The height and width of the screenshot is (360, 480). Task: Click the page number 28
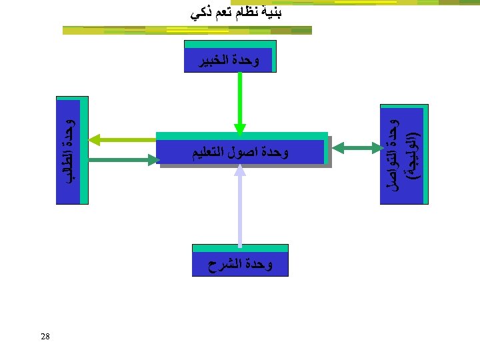click(45, 336)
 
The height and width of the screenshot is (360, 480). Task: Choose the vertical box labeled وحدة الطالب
click(71, 152)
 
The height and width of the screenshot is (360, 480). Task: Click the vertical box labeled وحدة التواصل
click(403, 155)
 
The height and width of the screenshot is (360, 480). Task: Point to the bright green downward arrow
click(240, 100)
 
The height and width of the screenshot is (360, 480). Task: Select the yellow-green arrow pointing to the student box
click(123, 139)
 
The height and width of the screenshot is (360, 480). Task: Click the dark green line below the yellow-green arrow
click(123, 159)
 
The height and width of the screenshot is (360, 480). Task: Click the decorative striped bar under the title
click(187, 30)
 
